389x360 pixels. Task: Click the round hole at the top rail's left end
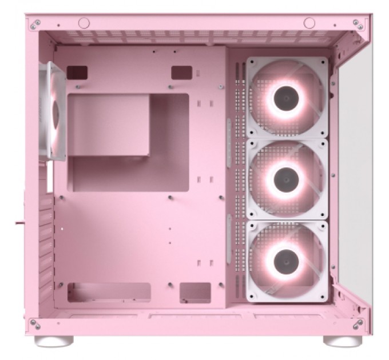84,23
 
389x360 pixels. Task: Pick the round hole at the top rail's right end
310,23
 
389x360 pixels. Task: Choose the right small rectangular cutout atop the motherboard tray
181,72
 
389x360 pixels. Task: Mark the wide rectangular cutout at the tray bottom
109,292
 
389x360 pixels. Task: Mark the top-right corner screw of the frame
359,23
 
